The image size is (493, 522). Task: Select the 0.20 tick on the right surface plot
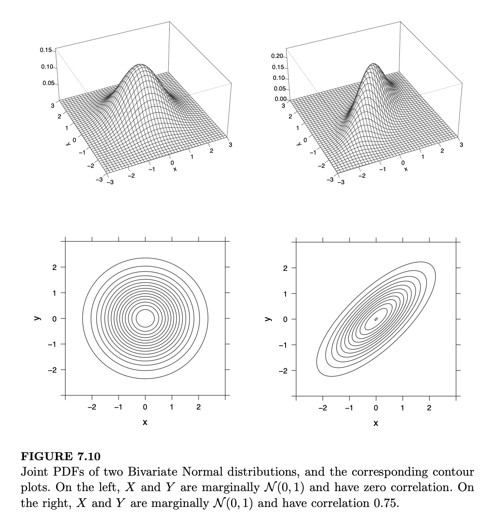tap(277, 56)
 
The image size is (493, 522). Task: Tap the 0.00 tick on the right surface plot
tap(280, 100)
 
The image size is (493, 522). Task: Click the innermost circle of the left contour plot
tap(145, 319)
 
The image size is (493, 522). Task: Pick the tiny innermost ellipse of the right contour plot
tap(376, 319)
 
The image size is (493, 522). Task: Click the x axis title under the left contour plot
tap(145, 422)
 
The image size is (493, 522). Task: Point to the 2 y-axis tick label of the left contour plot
tap(54, 268)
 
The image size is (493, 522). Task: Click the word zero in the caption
tap(398, 488)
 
